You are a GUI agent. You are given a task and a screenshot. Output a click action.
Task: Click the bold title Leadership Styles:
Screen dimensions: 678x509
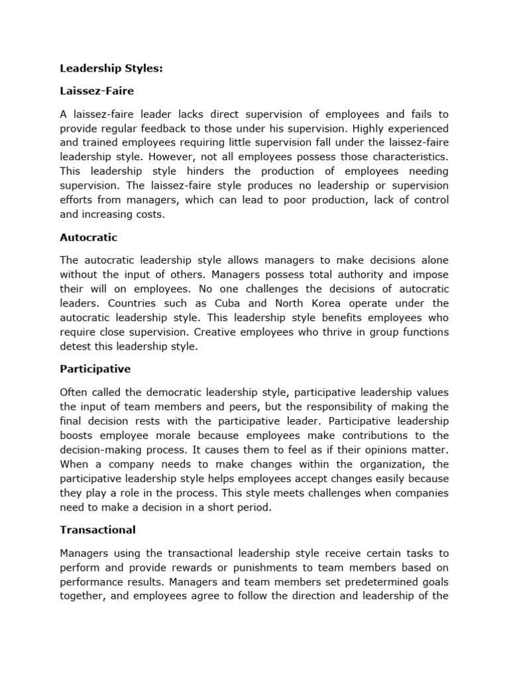[107, 68]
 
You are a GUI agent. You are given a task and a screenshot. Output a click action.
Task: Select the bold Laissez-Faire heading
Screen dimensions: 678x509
[97, 90]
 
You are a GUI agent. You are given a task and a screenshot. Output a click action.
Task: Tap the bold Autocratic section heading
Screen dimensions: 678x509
[89, 237]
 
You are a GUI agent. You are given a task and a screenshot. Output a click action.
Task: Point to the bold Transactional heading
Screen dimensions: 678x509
[97, 530]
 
